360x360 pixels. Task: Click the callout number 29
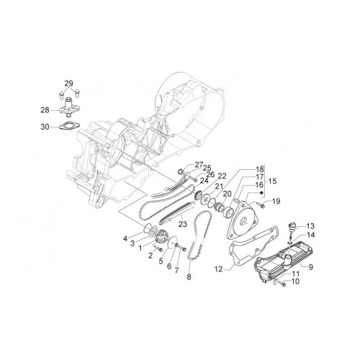click(x=68, y=84)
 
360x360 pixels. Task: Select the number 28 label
click(x=45, y=110)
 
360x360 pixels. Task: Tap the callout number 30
click(x=45, y=127)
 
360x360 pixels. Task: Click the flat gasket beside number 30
click(x=69, y=126)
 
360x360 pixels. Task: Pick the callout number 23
click(x=183, y=224)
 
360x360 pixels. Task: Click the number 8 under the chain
click(x=189, y=277)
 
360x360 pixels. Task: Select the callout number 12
click(x=219, y=269)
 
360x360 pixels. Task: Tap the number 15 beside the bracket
click(x=272, y=181)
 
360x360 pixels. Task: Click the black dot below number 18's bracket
click(x=262, y=192)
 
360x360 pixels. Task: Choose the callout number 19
click(x=276, y=201)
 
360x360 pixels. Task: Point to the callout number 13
click(x=310, y=226)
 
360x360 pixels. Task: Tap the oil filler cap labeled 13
click(x=292, y=227)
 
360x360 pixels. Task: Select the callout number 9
click(x=311, y=267)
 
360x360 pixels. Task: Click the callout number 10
click(x=295, y=281)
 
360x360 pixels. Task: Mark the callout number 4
click(x=125, y=238)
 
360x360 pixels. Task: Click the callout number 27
click(x=199, y=165)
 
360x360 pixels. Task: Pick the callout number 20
click(x=227, y=194)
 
